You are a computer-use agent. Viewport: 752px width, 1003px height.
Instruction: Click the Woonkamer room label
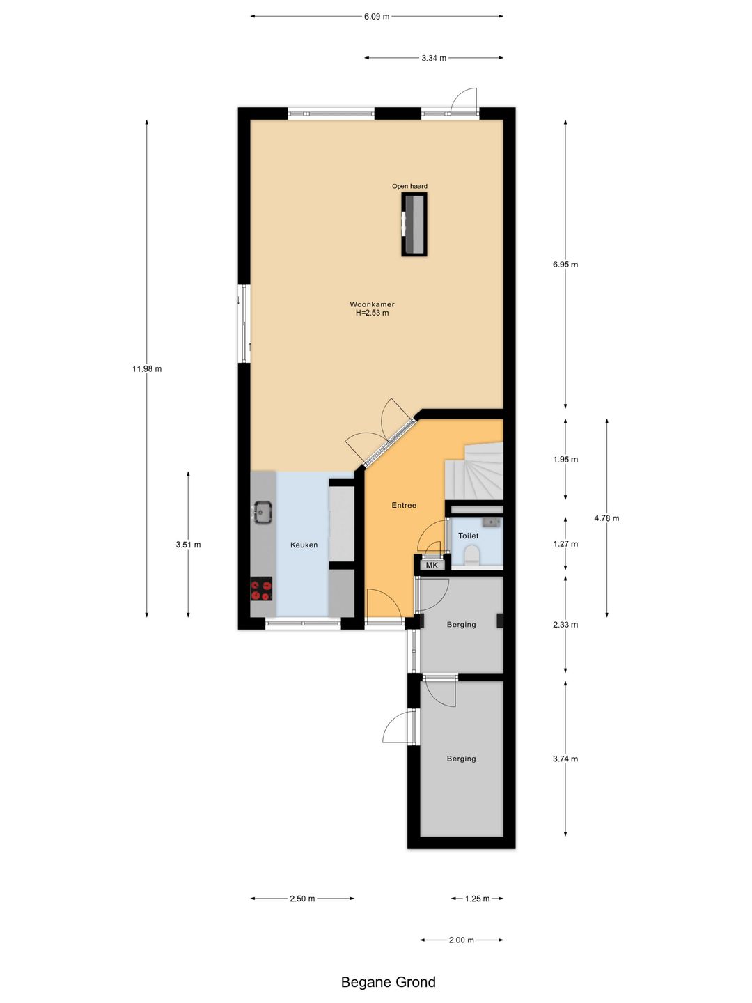372,304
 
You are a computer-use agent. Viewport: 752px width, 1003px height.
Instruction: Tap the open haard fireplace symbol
414,224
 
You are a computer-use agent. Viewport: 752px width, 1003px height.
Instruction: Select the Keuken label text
304,545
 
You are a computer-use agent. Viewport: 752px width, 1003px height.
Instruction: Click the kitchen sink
263,512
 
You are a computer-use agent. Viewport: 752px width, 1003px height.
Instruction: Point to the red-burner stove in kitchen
261,590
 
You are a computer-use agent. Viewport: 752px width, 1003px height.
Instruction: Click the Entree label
404,506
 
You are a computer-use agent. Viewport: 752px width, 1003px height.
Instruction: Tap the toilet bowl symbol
472,554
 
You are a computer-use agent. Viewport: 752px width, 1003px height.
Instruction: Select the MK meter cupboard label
432,566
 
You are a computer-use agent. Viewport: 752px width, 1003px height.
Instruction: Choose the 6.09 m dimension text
377,17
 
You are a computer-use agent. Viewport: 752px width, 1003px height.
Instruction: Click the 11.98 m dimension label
147,369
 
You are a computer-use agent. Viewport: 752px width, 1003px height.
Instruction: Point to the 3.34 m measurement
434,59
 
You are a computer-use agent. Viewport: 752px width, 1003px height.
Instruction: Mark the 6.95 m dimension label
565,265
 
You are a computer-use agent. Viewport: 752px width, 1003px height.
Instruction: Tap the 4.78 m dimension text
606,518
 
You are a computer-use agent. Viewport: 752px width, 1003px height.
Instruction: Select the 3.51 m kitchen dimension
188,545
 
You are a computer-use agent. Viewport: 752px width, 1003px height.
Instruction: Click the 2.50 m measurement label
302,899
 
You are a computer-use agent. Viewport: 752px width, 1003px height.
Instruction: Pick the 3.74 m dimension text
565,759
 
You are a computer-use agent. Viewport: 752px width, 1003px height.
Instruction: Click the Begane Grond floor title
388,982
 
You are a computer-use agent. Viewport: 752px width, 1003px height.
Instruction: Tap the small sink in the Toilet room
492,522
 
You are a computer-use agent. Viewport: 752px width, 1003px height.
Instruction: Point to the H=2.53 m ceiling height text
372,313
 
